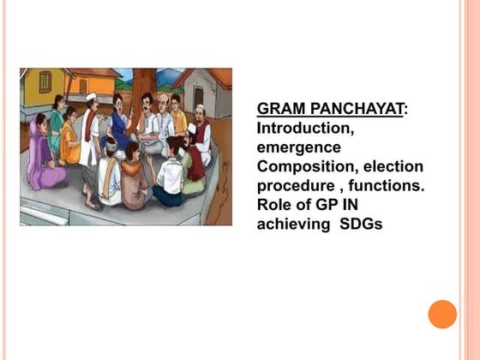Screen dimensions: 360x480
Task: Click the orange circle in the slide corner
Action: click(x=442, y=314)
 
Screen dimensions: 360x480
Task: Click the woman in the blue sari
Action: click(x=119, y=129)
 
